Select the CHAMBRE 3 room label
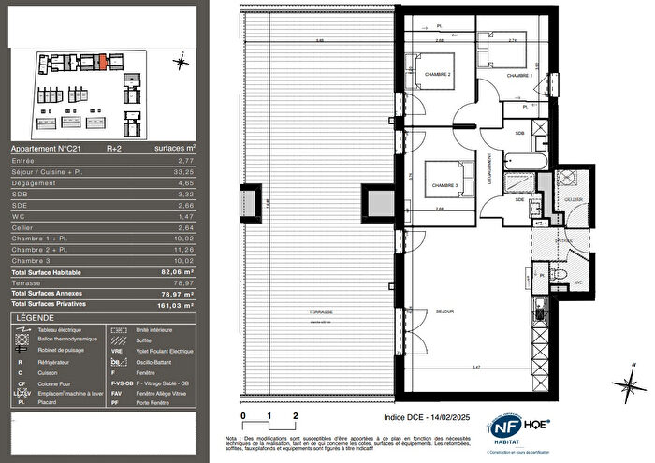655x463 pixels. pos(444,185)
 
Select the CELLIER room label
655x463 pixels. pos(573,201)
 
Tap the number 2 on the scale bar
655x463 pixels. pos(296,413)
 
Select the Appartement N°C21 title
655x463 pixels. pos(43,148)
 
